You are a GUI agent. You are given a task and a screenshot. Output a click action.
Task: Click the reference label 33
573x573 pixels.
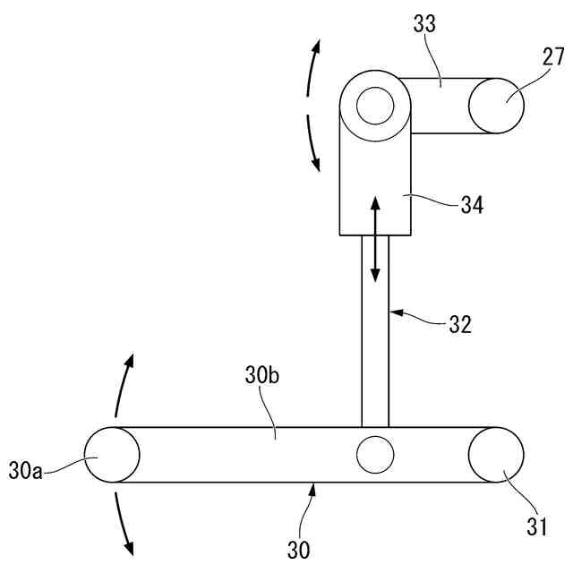pyautogui.click(x=424, y=24)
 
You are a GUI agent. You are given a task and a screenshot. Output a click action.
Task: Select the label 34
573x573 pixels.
pyautogui.click(x=472, y=205)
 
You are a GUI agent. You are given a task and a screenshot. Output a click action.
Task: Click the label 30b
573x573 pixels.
pyautogui.click(x=262, y=376)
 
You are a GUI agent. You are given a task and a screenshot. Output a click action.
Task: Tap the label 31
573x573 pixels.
pyautogui.click(x=536, y=526)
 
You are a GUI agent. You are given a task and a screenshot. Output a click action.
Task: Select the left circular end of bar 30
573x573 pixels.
pyautogui.click(x=111, y=455)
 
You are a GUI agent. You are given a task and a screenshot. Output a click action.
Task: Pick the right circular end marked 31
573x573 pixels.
pyautogui.click(x=495, y=455)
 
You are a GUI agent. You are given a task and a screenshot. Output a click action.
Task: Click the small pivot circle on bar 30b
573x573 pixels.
pyautogui.click(x=375, y=455)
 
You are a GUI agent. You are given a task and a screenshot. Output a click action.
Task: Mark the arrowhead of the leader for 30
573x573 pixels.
pyautogui.click(x=313, y=488)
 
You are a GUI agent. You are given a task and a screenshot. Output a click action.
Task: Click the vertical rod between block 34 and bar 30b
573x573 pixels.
pyautogui.click(x=375, y=340)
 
